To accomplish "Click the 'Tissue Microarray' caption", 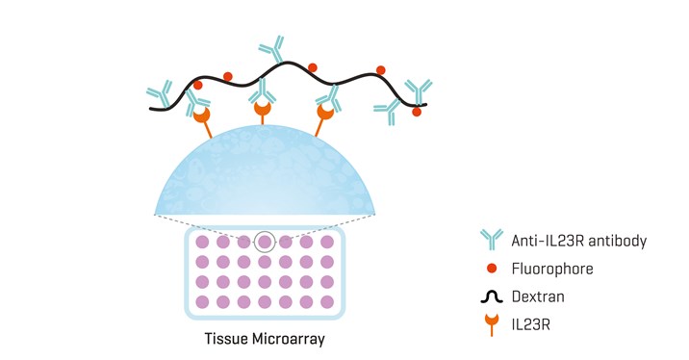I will [264, 339].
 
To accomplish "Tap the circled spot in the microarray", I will [265, 241].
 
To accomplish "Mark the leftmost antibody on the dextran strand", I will [160, 94].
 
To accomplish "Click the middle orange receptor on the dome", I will [263, 113].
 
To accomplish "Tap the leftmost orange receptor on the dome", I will [202, 118].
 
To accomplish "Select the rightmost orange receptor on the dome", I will [325, 116].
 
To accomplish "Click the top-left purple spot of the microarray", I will [202, 241].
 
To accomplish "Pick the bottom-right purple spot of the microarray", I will [327, 302].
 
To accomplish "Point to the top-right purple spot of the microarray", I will [327, 241].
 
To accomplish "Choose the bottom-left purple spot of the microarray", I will [202, 302].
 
